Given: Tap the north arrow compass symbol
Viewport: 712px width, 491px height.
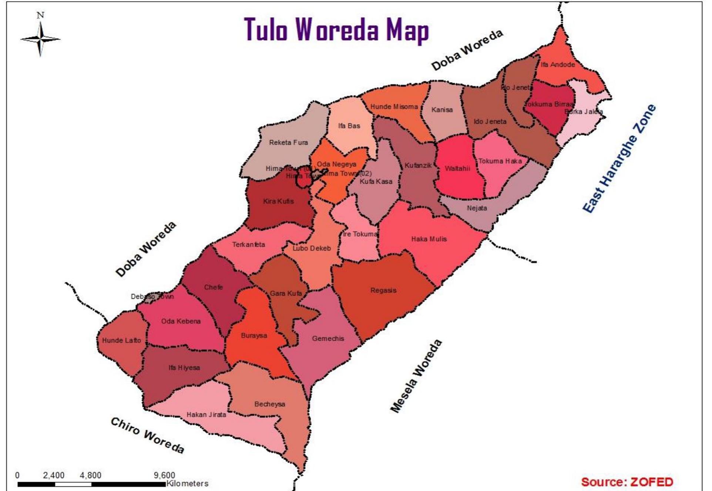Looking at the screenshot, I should [40, 38].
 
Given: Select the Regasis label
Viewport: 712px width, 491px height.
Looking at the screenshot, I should [383, 290].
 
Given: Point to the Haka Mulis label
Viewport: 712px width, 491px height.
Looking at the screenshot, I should [429, 239].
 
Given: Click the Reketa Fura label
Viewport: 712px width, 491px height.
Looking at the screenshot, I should [288, 142].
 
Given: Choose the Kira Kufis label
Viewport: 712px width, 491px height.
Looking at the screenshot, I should [278, 201].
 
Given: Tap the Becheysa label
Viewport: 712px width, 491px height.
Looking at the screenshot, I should [269, 404].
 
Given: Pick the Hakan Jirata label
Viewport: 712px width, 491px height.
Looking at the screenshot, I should [206, 414].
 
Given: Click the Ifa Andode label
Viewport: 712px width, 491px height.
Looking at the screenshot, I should [558, 64].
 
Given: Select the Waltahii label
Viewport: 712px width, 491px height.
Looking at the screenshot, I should [457, 168].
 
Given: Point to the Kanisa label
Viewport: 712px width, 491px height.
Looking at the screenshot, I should [442, 109].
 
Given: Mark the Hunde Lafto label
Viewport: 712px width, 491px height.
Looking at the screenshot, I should [121, 340].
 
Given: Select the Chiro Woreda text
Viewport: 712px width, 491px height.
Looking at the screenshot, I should [147, 435].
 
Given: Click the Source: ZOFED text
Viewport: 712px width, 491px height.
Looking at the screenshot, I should [627, 482].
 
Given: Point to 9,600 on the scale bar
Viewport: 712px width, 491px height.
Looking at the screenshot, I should [164, 475].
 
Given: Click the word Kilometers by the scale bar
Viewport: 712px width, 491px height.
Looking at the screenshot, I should [187, 483].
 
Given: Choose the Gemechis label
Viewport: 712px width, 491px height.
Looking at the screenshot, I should [328, 338].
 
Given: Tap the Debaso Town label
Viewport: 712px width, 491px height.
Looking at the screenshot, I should [152, 297].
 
